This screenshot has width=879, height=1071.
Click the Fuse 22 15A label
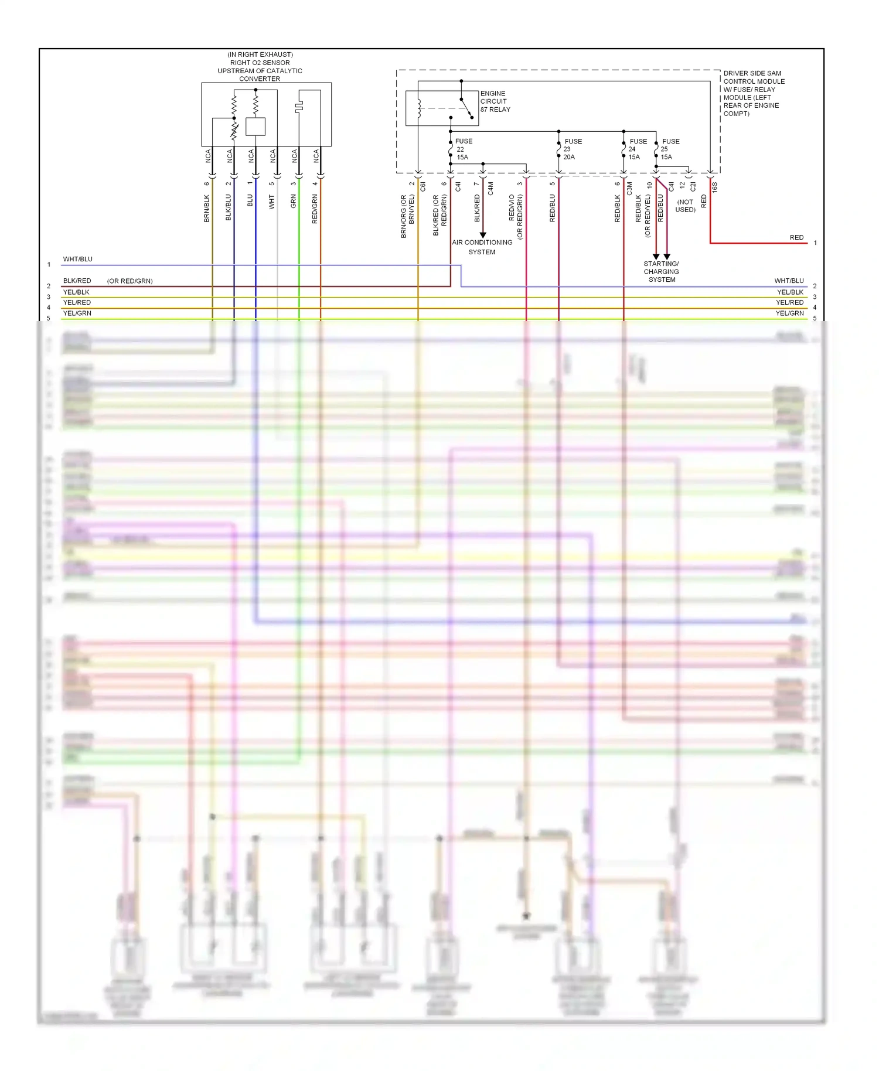tap(463, 149)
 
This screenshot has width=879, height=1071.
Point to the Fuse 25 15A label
tap(670, 149)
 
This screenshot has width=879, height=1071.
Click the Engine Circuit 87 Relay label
tap(495, 101)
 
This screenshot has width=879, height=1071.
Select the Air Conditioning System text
tap(482, 247)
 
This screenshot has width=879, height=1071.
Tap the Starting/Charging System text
tap(662, 272)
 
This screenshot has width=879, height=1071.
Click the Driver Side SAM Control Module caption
tap(754, 94)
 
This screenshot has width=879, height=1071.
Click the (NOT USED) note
tap(685, 206)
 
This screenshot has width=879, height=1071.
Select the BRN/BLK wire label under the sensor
tap(207, 209)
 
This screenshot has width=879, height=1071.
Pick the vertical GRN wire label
tap(294, 202)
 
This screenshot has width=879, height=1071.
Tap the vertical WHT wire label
tap(272, 202)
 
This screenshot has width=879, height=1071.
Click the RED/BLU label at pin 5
tap(553, 208)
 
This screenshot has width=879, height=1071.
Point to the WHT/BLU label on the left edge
tap(78, 259)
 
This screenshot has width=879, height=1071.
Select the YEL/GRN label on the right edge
tap(789, 313)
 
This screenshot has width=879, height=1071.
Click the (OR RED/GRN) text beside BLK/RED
tap(130, 281)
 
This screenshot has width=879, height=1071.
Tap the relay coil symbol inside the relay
tap(420, 109)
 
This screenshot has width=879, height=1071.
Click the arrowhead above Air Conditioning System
tap(483, 235)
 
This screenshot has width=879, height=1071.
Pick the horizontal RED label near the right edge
tap(796, 237)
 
